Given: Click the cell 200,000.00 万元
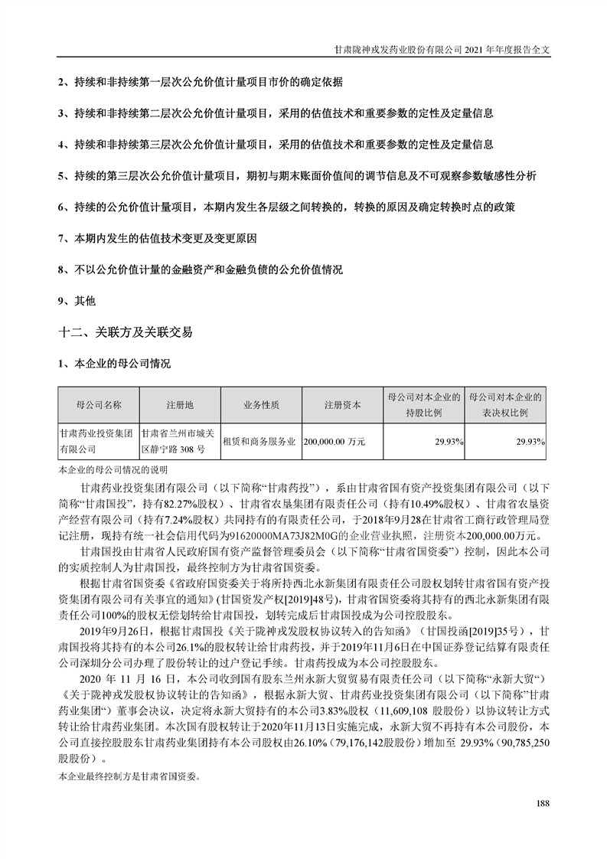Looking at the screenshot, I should pos(335,442).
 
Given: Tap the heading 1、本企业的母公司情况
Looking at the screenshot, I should pos(114,363).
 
